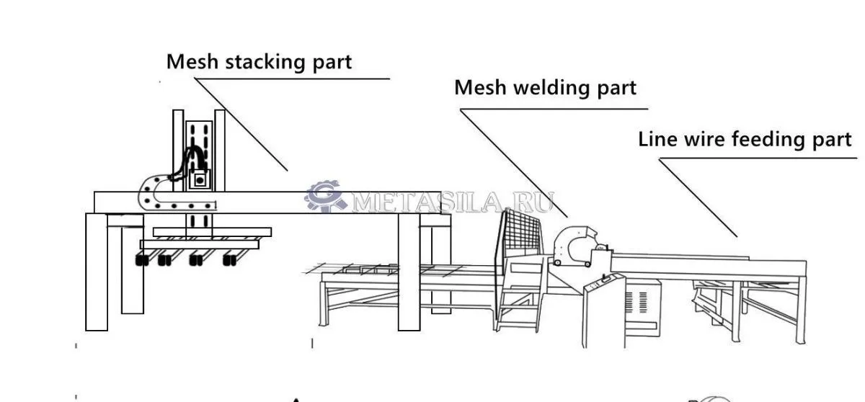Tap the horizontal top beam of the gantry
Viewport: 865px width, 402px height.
click(288, 202)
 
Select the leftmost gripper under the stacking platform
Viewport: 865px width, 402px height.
click(142, 259)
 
